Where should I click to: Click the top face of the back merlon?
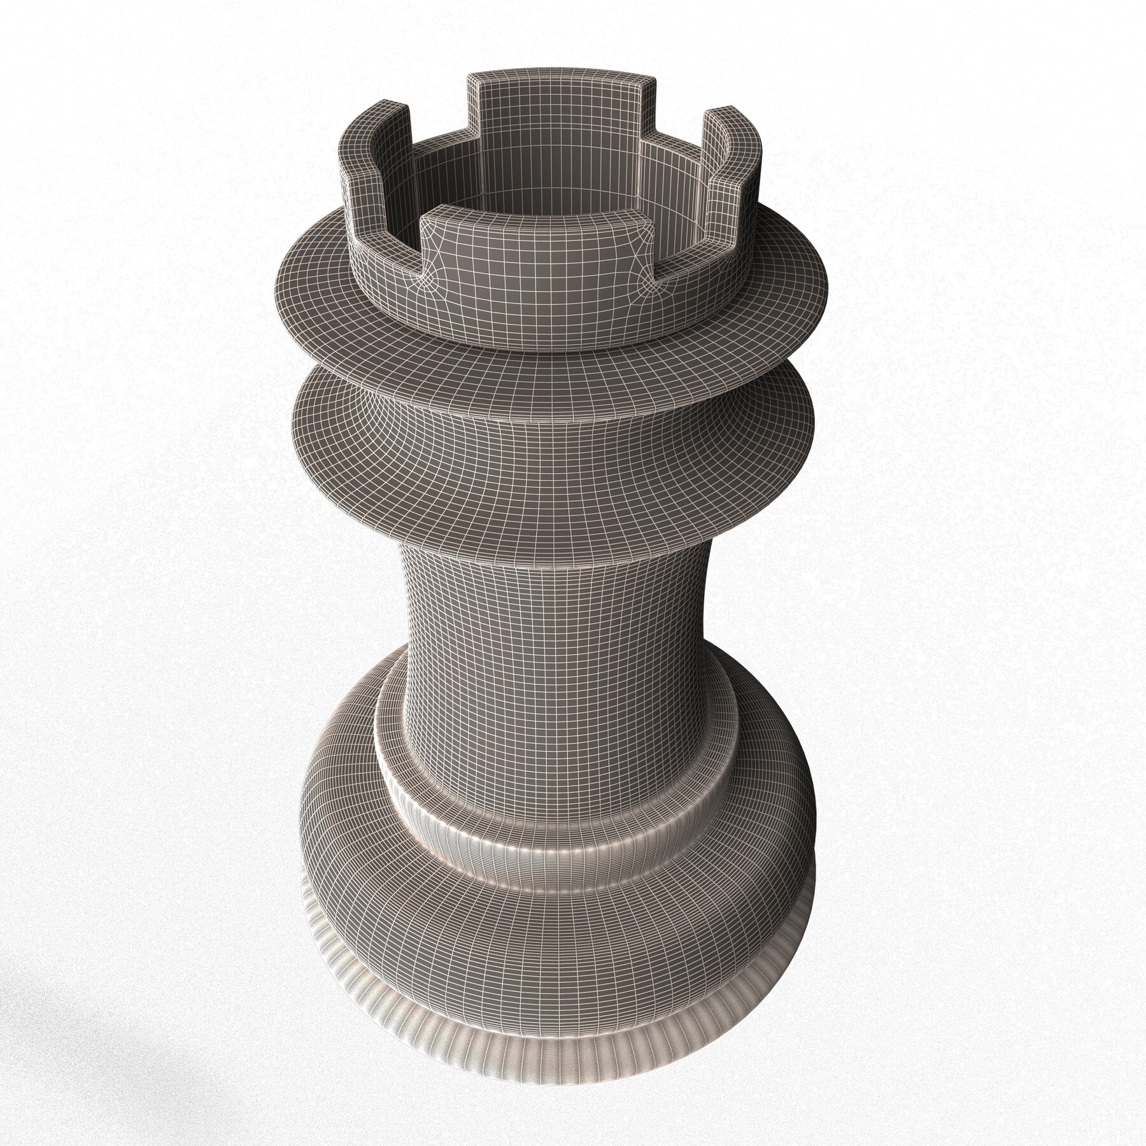560,81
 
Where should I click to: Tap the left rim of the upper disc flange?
286,280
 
